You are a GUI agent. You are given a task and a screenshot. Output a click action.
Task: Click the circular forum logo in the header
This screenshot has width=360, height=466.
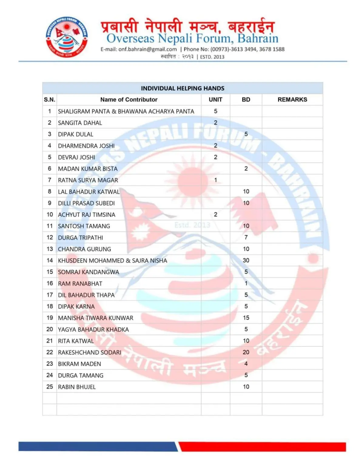point(67,37)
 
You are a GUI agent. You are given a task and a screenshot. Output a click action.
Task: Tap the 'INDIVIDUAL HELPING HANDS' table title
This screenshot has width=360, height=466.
point(183,88)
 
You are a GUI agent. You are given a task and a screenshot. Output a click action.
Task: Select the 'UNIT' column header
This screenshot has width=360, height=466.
point(215,100)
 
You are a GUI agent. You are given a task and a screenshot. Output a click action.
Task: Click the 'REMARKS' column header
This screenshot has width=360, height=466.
point(292,100)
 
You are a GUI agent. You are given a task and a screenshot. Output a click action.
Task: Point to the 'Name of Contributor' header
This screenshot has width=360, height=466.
point(129,100)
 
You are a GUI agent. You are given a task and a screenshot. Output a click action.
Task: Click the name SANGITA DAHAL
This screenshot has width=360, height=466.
point(80,123)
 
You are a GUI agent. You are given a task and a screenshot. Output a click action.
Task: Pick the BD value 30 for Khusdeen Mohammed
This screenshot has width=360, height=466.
point(246,260)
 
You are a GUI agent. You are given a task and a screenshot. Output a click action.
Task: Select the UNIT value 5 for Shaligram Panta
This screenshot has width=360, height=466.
point(216,111)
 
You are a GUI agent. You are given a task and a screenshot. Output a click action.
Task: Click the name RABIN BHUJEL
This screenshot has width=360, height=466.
point(77,387)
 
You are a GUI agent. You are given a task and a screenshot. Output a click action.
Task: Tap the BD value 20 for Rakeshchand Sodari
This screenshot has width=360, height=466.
point(246,352)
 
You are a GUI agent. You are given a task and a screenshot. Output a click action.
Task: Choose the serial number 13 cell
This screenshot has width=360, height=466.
point(50,249)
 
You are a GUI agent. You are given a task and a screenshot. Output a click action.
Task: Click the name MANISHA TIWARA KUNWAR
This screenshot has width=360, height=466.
point(96,318)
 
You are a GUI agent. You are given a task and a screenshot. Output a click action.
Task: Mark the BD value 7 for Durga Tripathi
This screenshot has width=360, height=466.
point(246,237)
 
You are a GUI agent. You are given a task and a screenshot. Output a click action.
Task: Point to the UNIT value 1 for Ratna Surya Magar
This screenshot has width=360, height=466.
point(216,180)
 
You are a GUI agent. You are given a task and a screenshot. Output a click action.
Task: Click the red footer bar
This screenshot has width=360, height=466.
point(262,447)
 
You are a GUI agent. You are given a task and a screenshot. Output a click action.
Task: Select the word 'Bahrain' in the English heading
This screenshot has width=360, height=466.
point(258,39)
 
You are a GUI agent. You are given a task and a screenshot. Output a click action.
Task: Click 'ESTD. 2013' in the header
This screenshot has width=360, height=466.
point(212,57)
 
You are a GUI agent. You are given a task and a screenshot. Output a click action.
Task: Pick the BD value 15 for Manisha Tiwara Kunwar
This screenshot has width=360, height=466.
point(246,318)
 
